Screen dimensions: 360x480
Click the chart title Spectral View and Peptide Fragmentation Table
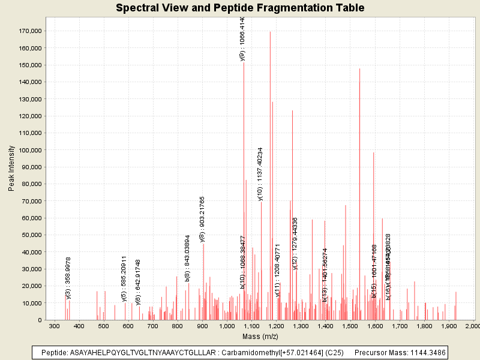coord(240,8)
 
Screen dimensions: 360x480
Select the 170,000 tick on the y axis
coord(30,31)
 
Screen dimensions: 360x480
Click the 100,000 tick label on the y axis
coord(30,150)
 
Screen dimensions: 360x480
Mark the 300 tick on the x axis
coord(54,326)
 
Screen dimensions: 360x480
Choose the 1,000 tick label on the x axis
coord(227,326)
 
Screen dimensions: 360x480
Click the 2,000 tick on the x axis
coord(472,326)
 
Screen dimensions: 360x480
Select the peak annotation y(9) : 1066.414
coord(242,39)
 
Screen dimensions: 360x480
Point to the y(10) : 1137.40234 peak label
coord(260,173)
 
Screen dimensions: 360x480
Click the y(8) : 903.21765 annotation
coord(202,219)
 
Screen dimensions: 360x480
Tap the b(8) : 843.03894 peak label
coord(188,258)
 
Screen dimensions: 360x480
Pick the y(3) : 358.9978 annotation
coord(68,278)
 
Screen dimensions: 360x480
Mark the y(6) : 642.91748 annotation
coord(138,282)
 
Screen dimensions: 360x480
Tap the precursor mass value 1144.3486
coord(422,352)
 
